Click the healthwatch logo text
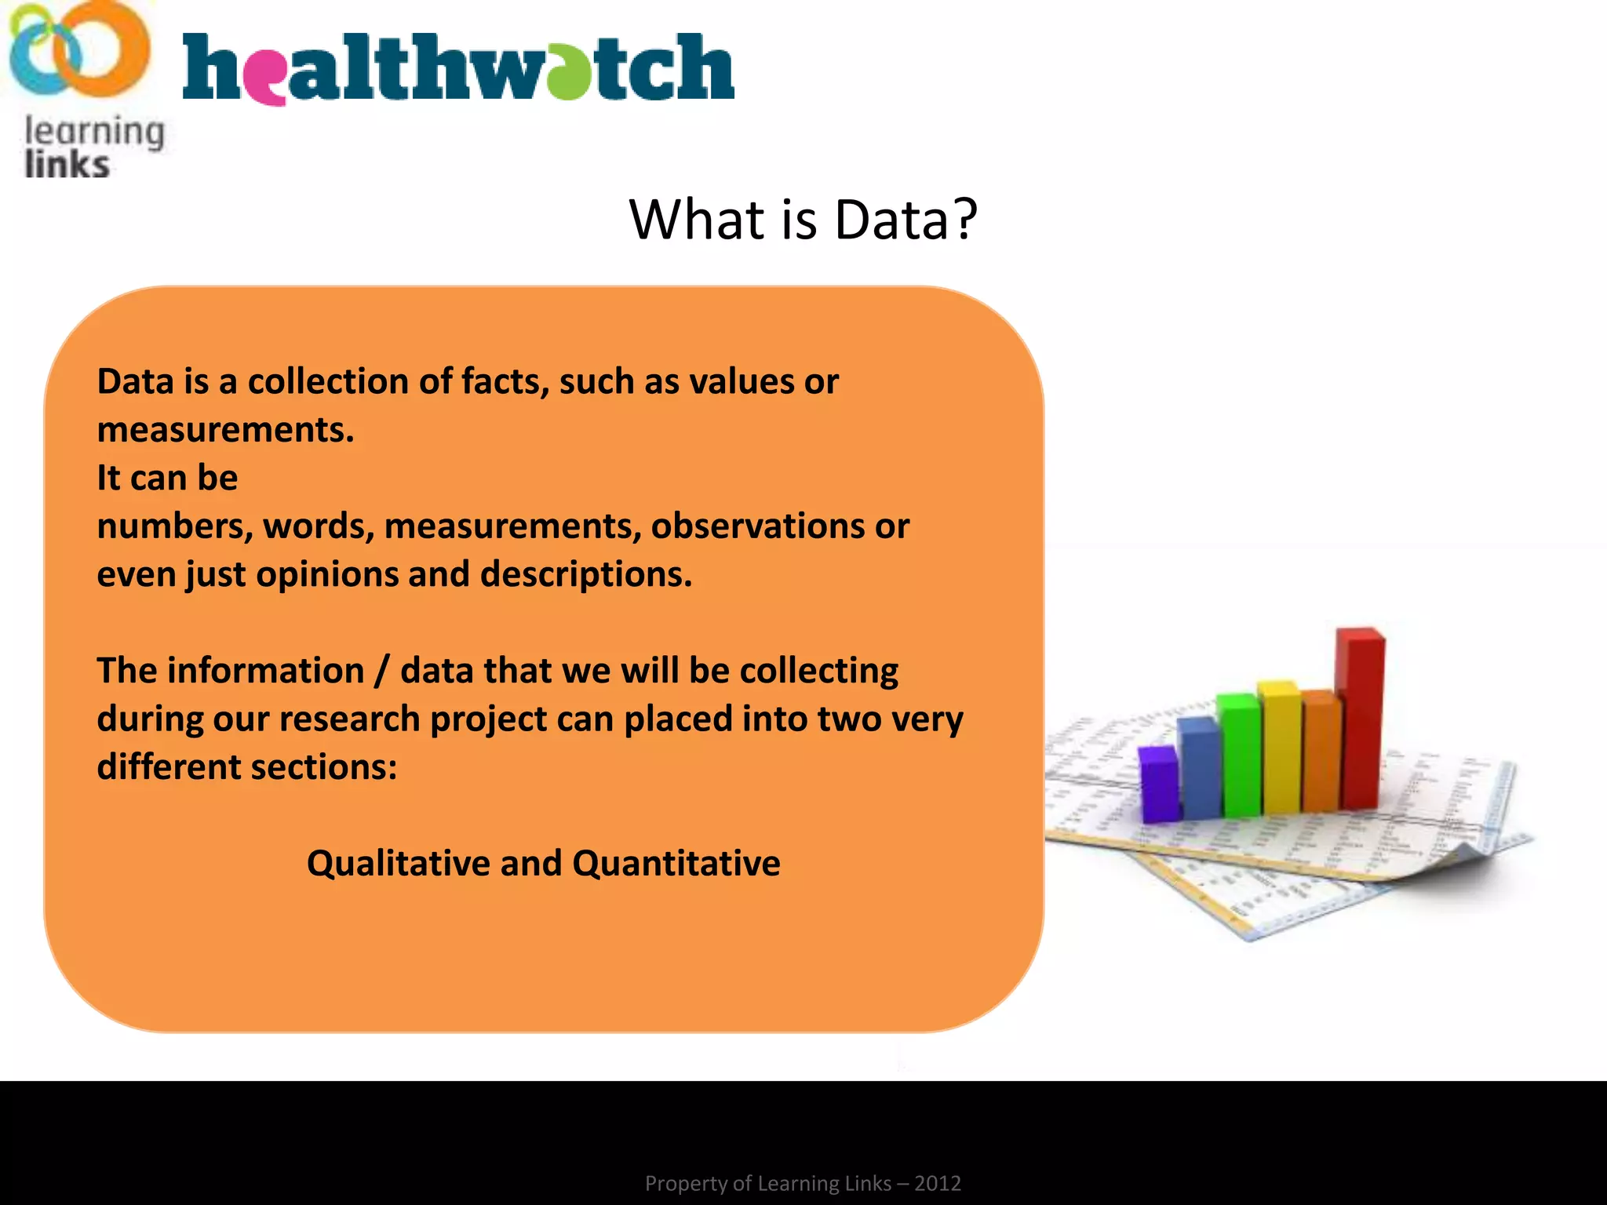tap(458, 69)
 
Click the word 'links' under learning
tap(67, 166)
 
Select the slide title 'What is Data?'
tap(803, 220)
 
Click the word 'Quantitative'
tap(676, 864)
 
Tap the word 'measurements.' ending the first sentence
tap(225, 431)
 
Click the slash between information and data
tap(381, 672)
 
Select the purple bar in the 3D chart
tap(1159, 785)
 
